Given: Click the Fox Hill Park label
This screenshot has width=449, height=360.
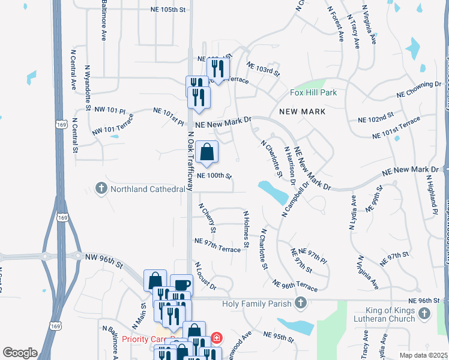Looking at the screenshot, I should [x=313, y=92].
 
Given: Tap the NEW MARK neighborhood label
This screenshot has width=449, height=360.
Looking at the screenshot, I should [x=303, y=112].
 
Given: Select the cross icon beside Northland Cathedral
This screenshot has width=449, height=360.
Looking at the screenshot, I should [x=101, y=190].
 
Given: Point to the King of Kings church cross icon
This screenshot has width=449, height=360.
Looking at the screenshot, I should [x=424, y=313].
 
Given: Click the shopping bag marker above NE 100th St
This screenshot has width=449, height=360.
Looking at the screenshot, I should [x=206, y=152].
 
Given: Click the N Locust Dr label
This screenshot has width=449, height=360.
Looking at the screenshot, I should [x=205, y=275].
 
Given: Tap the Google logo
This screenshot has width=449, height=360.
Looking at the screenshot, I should [x=20, y=352].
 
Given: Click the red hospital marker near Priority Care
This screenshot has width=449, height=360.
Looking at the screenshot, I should [x=215, y=338].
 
